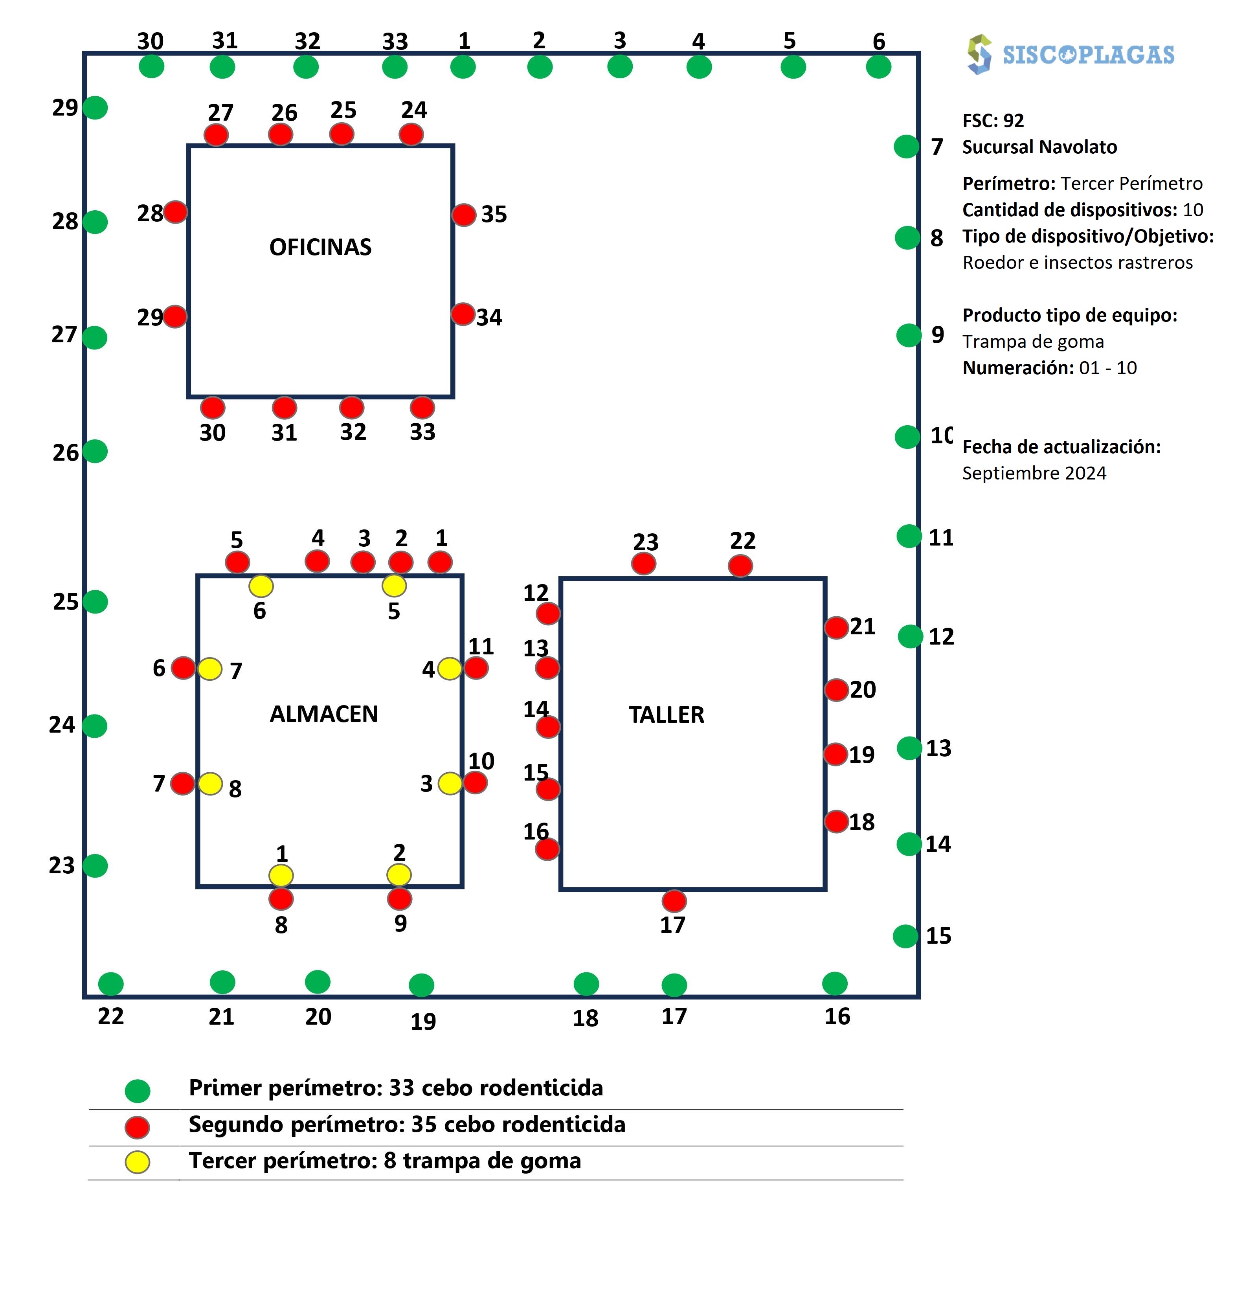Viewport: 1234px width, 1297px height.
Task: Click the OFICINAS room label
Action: (x=320, y=247)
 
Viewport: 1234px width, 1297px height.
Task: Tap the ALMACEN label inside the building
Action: (x=323, y=714)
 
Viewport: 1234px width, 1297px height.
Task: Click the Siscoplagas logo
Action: (x=1070, y=54)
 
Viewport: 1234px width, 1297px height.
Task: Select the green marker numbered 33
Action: (x=395, y=66)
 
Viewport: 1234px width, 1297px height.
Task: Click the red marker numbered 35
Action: (x=464, y=215)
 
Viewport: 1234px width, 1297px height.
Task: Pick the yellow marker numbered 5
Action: (x=394, y=585)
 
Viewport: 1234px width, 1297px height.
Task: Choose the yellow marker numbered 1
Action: (x=281, y=875)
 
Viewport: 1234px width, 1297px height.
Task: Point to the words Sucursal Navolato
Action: (x=1039, y=147)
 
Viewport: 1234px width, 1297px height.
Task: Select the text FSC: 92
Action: (x=993, y=120)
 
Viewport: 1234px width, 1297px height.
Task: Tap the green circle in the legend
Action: (x=138, y=1091)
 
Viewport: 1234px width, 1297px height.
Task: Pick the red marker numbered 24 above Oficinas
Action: (x=411, y=134)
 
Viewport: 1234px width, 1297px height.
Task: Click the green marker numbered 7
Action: (x=906, y=146)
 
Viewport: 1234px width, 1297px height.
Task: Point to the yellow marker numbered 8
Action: (x=211, y=783)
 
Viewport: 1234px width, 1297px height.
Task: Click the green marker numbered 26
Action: (x=95, y=451)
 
